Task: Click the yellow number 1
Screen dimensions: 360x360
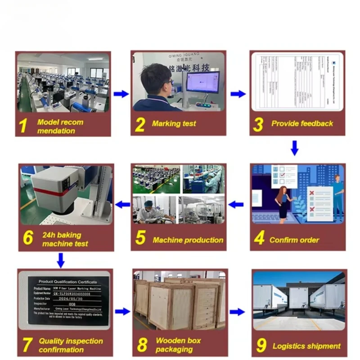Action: point(23,126)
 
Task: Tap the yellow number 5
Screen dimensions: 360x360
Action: point(140,238)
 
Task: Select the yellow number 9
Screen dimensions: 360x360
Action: point(261,345)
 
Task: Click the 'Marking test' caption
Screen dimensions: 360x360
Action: point(174,124)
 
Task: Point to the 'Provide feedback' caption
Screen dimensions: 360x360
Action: point(302,123)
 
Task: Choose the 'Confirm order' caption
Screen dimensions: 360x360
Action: point(294,240)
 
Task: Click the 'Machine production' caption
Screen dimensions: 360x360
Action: point(188,240)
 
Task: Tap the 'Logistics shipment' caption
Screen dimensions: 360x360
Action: point(306,346)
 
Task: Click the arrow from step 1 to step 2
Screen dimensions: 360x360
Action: point(121,94)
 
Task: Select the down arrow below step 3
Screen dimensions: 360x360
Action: point(294,148)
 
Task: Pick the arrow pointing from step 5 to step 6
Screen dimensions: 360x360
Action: point(122,205)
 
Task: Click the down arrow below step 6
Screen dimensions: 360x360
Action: point(61,260)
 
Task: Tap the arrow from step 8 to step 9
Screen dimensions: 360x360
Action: point(237,312)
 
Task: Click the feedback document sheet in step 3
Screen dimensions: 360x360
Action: point(297,81)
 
